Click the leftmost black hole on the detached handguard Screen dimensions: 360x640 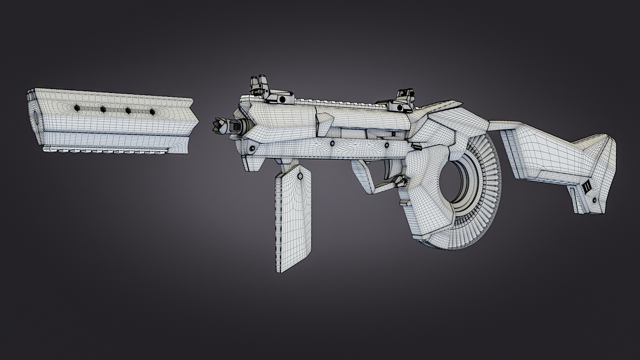[x=77, y=108]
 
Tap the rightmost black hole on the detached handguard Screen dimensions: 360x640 [x=152, y=112]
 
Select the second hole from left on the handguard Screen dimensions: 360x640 [x=103, y=109]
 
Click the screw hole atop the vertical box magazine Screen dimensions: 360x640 [x=300, y=175]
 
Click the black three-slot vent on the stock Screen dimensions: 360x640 [x=587, y=187]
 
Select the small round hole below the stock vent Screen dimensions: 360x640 [x=594, y=200]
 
